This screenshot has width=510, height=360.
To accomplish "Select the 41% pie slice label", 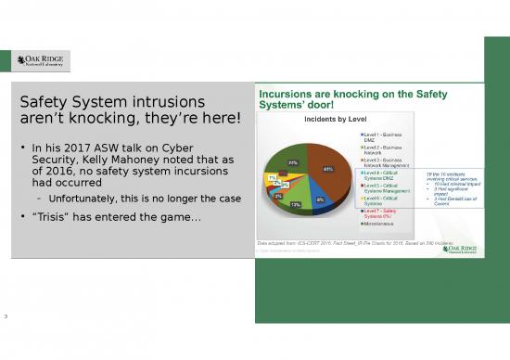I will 327,170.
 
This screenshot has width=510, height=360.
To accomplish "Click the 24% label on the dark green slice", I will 292,162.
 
